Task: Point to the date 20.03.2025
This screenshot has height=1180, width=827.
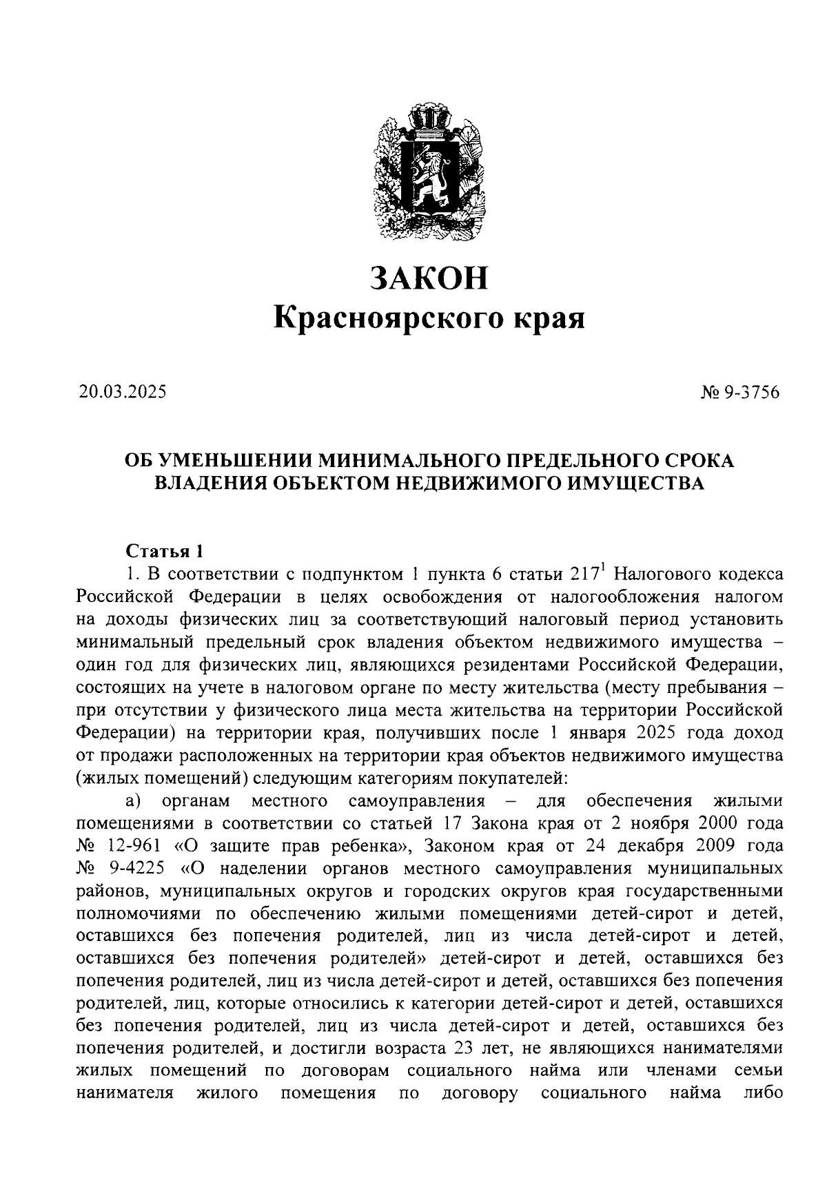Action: click(x=122, y=393)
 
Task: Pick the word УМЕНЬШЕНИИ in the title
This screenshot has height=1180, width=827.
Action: click(x=231, y=461)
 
